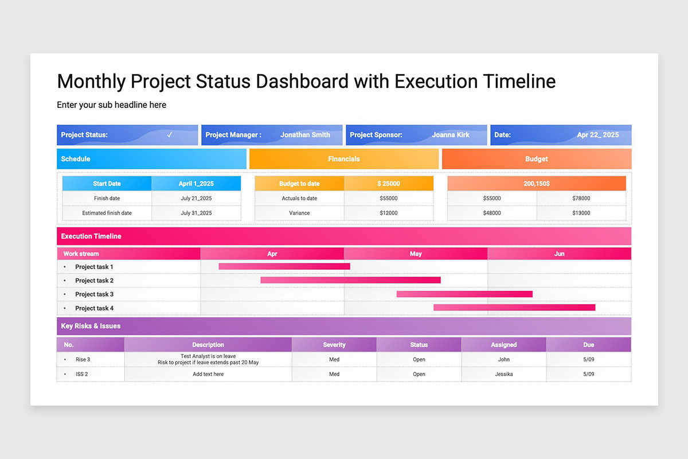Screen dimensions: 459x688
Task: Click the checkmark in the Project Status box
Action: click(x=170, y=135)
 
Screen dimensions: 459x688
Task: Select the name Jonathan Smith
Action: click(x=305, y=135)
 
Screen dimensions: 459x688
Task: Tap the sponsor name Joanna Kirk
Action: click(x=451, y=135)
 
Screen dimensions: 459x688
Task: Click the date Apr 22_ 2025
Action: click(x=597, y=135)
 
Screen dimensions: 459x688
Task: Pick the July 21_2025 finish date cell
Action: click(x=196, y=199)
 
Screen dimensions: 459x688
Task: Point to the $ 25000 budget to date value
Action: click(x=389, y=184)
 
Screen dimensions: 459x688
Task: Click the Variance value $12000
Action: click(x=389, y=213)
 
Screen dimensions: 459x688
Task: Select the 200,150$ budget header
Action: click(x=537, y=184)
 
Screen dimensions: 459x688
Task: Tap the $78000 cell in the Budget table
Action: click(x=581, y=199)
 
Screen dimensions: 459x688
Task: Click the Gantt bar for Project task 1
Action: click(x=284, y=266)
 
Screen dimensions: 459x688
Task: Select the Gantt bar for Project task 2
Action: click(x=350, y=280)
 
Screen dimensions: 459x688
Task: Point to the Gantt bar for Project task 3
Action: click(x=464, y=294)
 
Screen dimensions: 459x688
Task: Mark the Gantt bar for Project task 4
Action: click(x=514, y=308)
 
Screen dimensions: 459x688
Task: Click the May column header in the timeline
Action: click(x=416, y=254)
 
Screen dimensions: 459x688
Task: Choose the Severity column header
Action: click(x=334, y=345)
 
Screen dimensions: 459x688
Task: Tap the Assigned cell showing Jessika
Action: click(x=503, y=374)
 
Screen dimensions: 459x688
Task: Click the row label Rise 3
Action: click(x=83, y=360)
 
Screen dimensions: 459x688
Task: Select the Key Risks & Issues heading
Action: click(x=91, y=326)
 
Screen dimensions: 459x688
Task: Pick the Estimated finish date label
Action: click(x=107, y=213)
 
